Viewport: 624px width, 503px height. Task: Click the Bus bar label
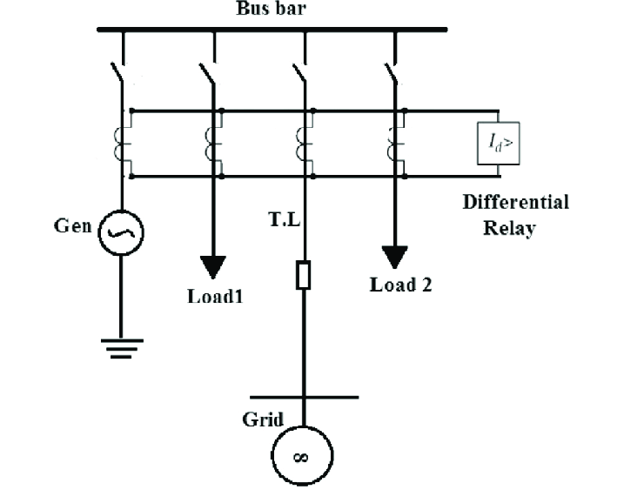(271, 9)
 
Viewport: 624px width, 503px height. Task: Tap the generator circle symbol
(121, 211)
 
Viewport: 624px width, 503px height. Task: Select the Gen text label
(73, 225)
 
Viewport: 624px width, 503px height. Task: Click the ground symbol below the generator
(122, 349)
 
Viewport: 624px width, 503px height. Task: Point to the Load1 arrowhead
(213, 266)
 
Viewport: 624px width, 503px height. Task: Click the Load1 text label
(215, 297)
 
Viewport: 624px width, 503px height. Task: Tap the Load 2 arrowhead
(394, 257)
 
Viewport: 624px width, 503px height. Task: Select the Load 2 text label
(400, 285)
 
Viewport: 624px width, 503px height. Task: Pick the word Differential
(516, 202)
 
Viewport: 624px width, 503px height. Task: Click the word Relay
(509, 228)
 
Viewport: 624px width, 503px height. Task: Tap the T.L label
(284, 219)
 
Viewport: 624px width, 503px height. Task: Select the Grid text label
(263, 419)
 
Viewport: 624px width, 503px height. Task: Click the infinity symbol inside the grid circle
(300, 458)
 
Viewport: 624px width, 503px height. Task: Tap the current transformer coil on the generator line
(118, 144)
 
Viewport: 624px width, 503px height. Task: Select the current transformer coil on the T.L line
(300, 144)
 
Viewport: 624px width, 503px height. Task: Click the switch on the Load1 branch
(207, 73)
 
